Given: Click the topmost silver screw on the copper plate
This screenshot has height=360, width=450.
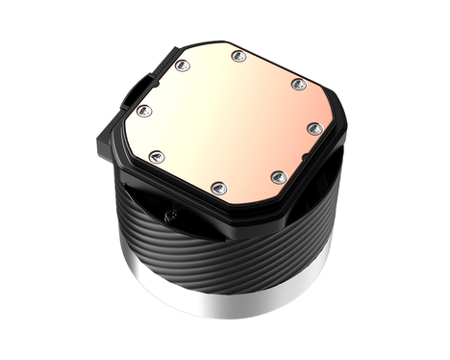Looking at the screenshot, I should point(237,57).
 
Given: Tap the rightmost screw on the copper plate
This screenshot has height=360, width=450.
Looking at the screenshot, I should point(313,127).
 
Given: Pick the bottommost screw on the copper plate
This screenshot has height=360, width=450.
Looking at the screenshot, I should point(218,186).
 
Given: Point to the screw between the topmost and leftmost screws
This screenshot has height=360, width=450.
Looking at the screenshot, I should point(180,66).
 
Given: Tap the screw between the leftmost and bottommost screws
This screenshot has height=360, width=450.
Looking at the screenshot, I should point(158,156).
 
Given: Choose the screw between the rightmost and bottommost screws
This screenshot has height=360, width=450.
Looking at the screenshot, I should point(278,176).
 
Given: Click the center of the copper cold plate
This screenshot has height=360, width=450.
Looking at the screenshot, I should point(231,120).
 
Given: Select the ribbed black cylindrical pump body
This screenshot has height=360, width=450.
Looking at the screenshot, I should point(231,250).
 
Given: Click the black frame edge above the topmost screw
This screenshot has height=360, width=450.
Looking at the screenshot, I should point(240,42).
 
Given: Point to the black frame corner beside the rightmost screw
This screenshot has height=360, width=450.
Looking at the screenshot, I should point(332,130).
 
